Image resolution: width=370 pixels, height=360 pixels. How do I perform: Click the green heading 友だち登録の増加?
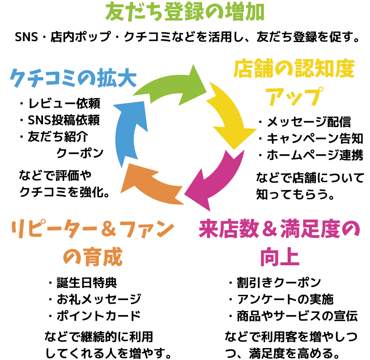185,12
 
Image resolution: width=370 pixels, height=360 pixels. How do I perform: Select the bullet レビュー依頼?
60,103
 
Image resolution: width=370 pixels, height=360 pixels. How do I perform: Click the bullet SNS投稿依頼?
60,120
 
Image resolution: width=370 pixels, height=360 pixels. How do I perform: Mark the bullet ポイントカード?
94,316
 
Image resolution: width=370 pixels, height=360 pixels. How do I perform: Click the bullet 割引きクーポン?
275,282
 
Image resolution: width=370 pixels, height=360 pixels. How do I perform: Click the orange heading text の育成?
92,257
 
